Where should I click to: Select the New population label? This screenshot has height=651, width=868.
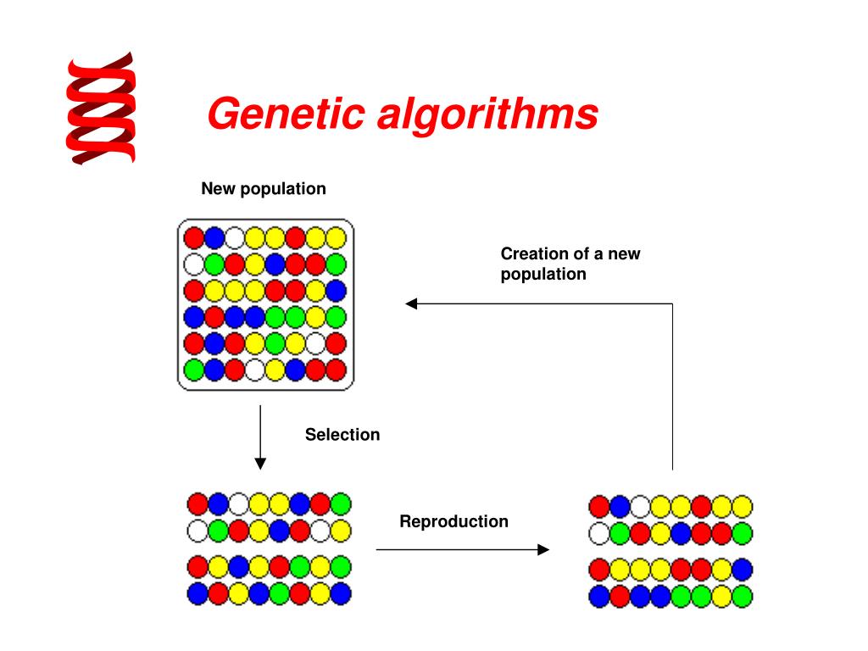point(264,188)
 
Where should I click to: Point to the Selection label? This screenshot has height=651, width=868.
point(342,435)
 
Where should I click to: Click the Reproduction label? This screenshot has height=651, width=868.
point(453,521)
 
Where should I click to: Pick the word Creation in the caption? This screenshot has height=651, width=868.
point(534,253)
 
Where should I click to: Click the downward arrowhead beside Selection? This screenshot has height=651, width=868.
point(260,463)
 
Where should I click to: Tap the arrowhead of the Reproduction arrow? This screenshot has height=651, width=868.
point(543,549)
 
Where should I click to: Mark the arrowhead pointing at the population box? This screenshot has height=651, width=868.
point(411,303)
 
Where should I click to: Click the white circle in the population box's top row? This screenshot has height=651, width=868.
point(235,237)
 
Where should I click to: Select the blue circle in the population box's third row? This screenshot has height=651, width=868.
point(337,291)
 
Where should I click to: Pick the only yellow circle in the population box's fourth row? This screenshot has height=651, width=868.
point(316,317)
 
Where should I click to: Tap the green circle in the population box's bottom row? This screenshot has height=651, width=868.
point(194,370)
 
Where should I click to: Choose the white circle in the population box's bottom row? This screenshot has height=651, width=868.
point(255,370)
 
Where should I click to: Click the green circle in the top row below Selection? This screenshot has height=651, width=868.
point(341,504)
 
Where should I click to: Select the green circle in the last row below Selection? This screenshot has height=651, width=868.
point(280,593)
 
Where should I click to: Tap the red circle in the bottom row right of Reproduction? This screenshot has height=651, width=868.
point(620,596)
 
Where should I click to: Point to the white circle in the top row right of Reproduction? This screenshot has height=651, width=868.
point(640,507)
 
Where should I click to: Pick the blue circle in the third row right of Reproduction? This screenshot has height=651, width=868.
point(742,569)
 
